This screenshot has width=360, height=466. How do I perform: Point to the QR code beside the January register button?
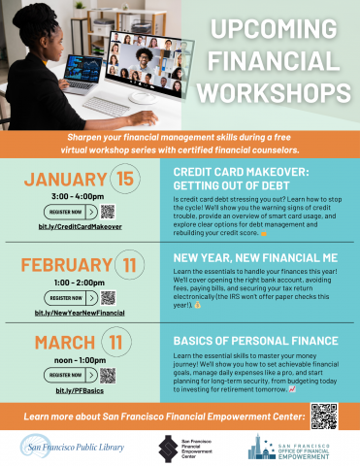click(108, 211)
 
